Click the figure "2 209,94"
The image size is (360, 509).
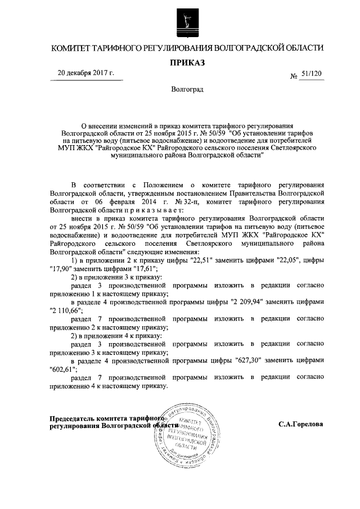click(x=250, y=301)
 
